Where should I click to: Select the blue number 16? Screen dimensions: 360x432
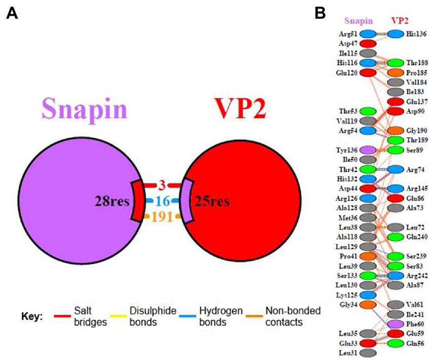(162, 201)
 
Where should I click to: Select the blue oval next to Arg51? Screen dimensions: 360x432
(368, 34)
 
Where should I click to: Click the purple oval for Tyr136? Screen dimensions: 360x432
(368, 150)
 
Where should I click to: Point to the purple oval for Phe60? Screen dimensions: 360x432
(395, 323)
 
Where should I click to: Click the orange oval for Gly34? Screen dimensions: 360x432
(368, 304)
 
